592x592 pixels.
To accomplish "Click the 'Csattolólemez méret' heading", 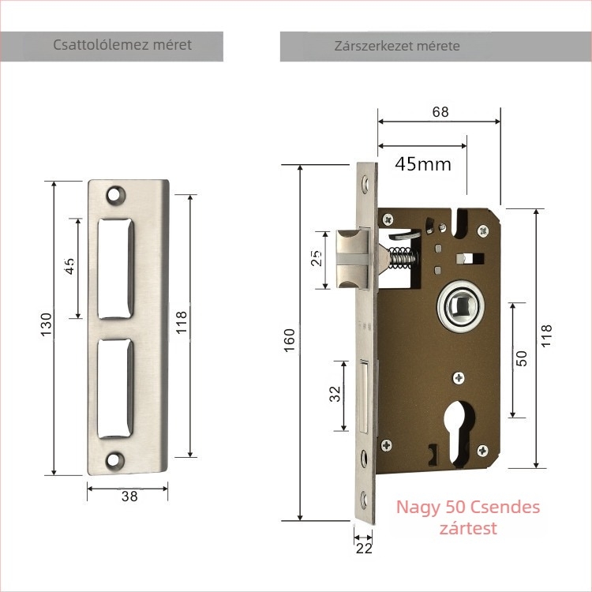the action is (x=122, y=45).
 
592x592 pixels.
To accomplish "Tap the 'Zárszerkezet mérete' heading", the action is (x=397, y=46).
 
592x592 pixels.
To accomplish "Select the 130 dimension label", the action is (x=46, y=324).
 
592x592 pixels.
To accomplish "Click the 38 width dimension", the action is (x=129, y=496).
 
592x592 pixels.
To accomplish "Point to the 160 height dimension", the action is (x=289, y=340).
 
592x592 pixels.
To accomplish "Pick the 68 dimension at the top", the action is (x=440, y=112).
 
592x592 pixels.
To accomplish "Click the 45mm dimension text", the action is (x=423, y=164).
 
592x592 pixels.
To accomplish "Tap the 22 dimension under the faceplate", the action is (x=364, y=549).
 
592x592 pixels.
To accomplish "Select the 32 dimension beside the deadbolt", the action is (x=335, y=394).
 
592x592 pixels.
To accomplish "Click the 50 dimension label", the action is (x=521, y=358).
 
